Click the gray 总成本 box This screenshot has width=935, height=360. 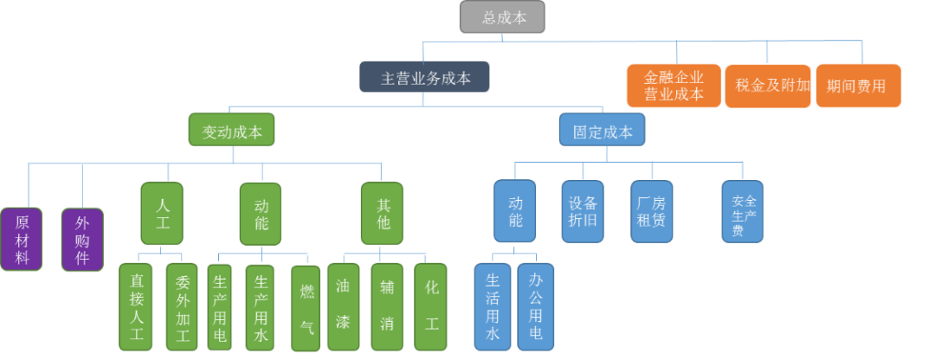point(502,17)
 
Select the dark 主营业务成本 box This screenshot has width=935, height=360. point(425,77)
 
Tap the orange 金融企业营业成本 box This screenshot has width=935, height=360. point(674,86)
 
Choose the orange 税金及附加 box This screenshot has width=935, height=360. point(768,86)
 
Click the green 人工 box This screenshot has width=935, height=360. point(162,213)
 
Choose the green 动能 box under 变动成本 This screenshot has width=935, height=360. point(261,213)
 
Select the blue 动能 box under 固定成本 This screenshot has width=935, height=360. point(515,210)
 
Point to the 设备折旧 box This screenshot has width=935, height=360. point(582,210)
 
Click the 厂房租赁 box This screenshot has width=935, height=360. point(651,210)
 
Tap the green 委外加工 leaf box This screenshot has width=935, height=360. point(183,306)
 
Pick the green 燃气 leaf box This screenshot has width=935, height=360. point(306,308)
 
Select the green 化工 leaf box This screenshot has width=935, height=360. point(431,306)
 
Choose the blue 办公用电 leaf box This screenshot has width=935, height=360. point(536,306)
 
